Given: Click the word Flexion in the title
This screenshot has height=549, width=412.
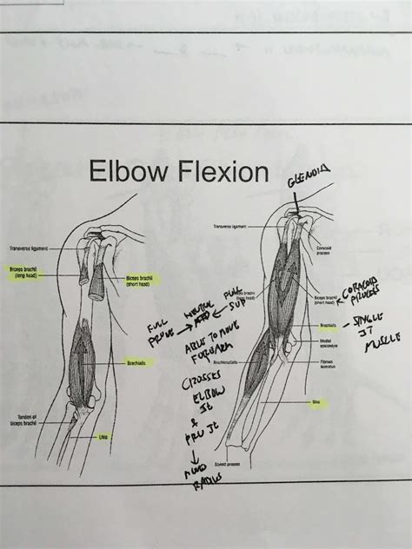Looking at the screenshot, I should click(x=221, y=173).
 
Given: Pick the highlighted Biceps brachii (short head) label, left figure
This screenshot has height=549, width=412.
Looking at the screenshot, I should click(x=143, y=280).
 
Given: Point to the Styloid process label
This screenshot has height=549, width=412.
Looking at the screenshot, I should click(x=230, y=465).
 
